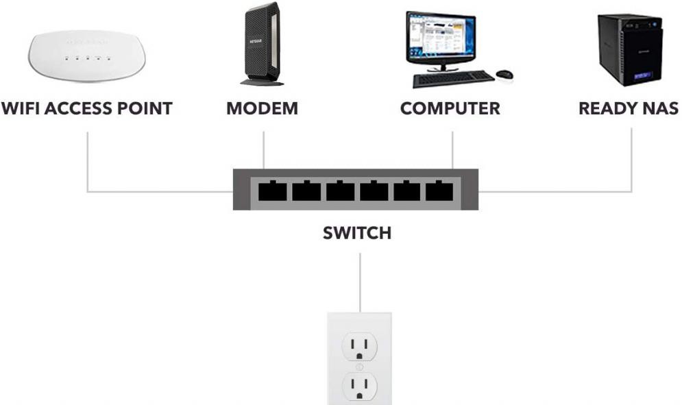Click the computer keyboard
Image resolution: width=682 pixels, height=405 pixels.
click(453, 79)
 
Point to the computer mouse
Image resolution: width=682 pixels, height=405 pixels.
click(504, 73)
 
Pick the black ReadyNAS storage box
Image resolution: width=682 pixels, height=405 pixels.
click(628, 48)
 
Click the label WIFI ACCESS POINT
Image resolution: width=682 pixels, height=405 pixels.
click(86, 108)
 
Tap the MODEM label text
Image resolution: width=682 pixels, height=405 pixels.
click(262, 108)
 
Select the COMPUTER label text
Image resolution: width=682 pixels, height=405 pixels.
click(450, 108)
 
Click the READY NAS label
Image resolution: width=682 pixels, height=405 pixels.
click(629, 108)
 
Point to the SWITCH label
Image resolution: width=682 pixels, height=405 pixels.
click(357, 233)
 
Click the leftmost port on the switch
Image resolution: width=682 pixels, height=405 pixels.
click(271, 191)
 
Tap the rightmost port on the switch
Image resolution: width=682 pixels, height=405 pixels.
click(439, 191)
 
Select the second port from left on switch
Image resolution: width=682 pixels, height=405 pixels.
click(306, 191)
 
